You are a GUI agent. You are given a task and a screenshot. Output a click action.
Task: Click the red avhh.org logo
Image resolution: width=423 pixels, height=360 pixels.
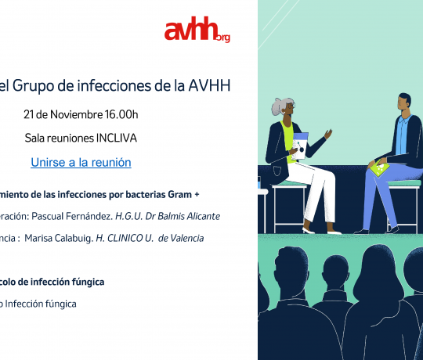coord(197,29)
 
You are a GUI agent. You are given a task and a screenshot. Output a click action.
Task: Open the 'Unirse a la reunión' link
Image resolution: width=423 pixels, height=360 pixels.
coord(81,163)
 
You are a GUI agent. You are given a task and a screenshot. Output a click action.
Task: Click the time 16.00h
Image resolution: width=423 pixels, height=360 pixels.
coord(121,114)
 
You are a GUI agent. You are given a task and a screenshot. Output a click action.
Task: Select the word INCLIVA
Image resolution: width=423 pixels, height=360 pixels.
coord(117,138)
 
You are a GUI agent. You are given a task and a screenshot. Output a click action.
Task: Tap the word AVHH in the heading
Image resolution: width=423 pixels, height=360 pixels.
coord(209,85)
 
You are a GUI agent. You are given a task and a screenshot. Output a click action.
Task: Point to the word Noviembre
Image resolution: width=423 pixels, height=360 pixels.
coord(76,114)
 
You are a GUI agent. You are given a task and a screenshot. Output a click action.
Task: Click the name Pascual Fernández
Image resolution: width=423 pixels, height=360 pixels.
coord(72,216)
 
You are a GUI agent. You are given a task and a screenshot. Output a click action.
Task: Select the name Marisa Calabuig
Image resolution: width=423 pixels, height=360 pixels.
coord(59,238)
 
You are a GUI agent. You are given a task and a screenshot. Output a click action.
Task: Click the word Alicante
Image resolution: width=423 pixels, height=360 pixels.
coord(204,216)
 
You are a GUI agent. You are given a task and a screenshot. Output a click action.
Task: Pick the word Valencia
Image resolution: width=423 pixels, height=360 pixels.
coord(187,238)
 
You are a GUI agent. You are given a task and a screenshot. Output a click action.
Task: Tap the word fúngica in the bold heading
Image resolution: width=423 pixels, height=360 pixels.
coord(88,282)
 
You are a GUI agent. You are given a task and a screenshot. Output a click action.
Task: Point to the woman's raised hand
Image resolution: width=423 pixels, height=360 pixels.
coord(328,134)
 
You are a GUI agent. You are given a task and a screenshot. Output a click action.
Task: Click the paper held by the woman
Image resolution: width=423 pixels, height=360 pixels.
coord(299,146)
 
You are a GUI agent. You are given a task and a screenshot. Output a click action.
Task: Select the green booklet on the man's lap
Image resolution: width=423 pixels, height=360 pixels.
coord(379,169)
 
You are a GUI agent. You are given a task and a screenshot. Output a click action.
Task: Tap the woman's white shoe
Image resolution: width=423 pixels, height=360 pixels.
coord(309,231)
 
